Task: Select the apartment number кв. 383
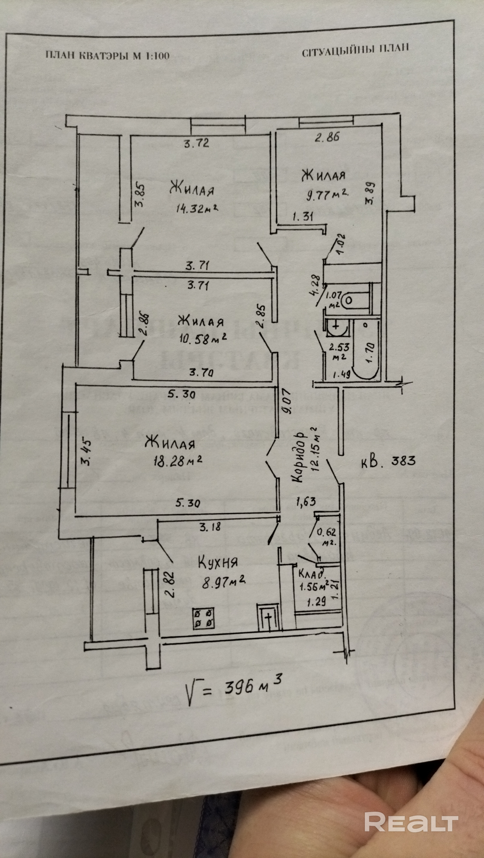(x=388, y=461)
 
